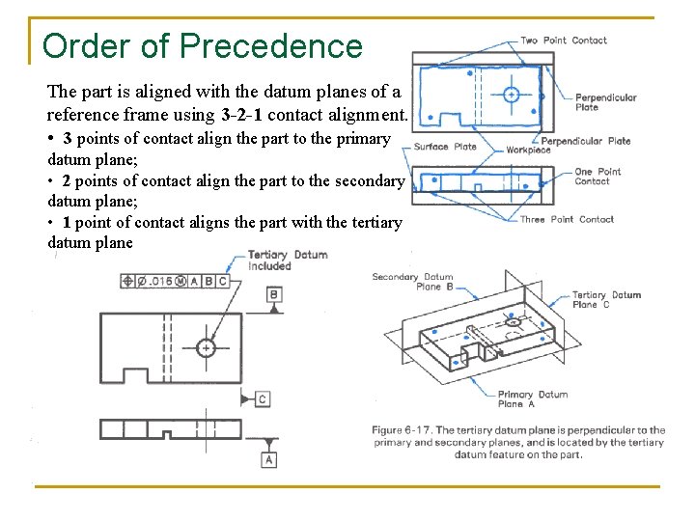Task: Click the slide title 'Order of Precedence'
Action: pos(203,45)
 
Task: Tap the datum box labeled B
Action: pos(274,294)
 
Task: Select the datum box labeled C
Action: pos(263,398)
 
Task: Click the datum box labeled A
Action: pos(269,459)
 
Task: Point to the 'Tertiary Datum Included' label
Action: pos(287,260)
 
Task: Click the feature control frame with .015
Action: pos(176,281)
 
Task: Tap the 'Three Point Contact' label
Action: pos(567,219)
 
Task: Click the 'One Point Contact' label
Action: pos(598,177)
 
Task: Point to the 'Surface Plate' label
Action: pos(445,147)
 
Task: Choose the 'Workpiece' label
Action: pos(528,150)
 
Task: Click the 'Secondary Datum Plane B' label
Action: pos(412,282)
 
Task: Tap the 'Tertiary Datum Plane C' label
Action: pos(605,299)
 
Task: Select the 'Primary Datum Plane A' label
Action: pos(532,398)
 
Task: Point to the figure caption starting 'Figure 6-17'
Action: pos(518,442)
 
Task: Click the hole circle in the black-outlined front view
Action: pos(205,347)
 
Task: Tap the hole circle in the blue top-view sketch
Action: pos(512,95)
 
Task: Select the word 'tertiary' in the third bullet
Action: pos(375,222)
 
